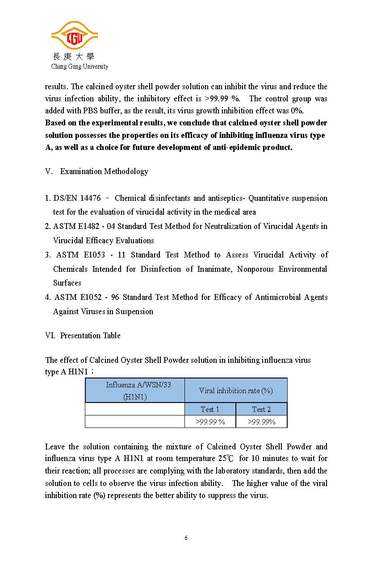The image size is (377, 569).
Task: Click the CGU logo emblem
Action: pos(75,36)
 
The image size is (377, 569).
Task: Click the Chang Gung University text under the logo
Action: pos(80,66)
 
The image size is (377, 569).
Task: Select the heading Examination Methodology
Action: pos(104,171)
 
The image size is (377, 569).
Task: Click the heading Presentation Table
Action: pos(90,336)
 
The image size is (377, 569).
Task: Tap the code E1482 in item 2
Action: pos(92,226)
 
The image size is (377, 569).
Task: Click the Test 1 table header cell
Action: pos(210,409)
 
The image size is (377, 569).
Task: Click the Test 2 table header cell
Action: pos(261,409)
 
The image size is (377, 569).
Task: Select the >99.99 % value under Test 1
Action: pos(210,422)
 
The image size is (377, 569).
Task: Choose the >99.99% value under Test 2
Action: pos(261,422)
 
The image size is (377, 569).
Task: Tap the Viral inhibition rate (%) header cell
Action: pos(236,390)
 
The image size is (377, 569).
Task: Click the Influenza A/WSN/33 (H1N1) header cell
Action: pos(135,390)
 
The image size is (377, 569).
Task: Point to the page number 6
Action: pos(186,538)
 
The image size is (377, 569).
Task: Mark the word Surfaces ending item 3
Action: pos(67,283)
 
